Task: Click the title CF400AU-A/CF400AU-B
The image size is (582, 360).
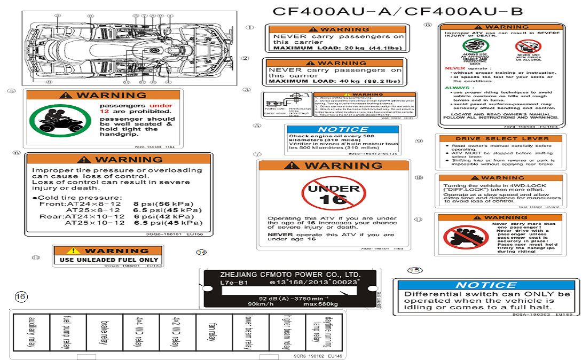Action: (x=398, y=11)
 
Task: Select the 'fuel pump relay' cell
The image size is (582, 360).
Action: (x=67, y=332)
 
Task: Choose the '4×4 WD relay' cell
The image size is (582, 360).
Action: (x=140, y=332)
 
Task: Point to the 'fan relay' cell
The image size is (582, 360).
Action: (x=213, y=332)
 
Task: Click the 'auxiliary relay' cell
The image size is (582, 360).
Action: (x=31, y=332)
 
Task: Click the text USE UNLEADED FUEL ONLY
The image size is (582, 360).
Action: (x=109, y=260)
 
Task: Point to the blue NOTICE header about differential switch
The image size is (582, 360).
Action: (x=486, y=285)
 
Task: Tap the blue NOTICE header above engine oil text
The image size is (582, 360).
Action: (x=343, y=129)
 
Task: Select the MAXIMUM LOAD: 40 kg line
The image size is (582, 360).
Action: (x=334, y=81)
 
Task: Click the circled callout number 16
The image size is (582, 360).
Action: (x=21, y=296)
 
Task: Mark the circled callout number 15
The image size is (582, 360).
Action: (x=414, y=270)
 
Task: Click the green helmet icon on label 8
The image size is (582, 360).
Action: (x=472, y=46)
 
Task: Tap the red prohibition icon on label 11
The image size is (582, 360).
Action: (x=458, y=236)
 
